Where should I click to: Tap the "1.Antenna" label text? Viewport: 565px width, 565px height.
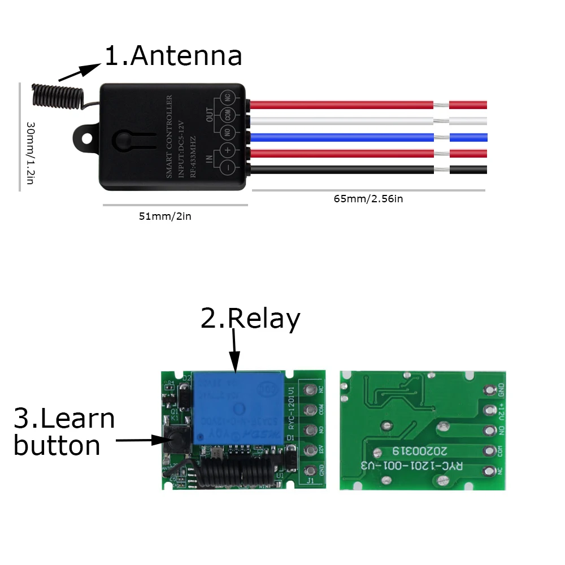click(173, 56)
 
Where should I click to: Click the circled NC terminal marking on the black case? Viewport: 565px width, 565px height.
click(228, 98)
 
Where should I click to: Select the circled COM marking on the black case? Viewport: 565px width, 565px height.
click(228, 115)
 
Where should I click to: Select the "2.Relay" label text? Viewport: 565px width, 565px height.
click(250, 320)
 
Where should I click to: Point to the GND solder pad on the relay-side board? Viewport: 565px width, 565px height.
click(310, 471)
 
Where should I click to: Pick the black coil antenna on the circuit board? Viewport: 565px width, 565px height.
click(237, 471)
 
